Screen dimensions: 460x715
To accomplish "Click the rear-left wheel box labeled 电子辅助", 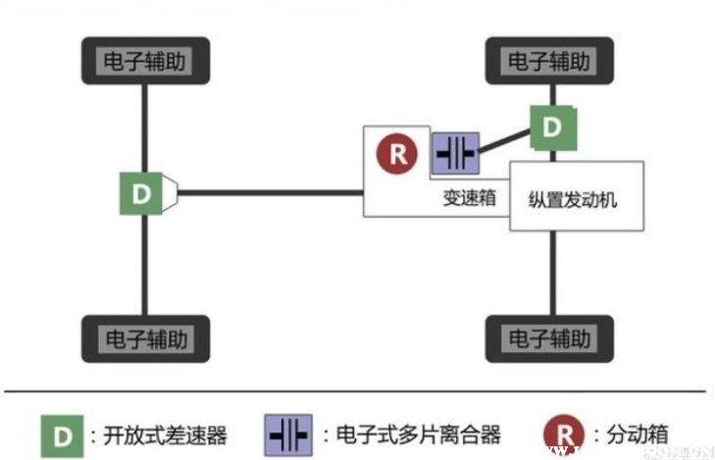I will (145, 62).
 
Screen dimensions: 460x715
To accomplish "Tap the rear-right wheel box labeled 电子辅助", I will (145, 338).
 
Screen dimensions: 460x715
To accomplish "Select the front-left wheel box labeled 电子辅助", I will (549, 62).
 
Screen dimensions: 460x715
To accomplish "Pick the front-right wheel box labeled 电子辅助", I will (549, 338).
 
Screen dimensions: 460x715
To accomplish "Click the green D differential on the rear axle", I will (141, 193).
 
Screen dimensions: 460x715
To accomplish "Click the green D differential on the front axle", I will (552, 127).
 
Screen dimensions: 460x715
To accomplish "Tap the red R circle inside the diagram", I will (396, 153).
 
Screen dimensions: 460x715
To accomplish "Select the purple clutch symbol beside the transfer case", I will (454, 154).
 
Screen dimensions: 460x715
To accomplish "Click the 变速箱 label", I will (469, 197).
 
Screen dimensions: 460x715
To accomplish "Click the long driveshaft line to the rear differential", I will (270, 192).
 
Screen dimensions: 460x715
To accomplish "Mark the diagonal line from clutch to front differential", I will (505, 141).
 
